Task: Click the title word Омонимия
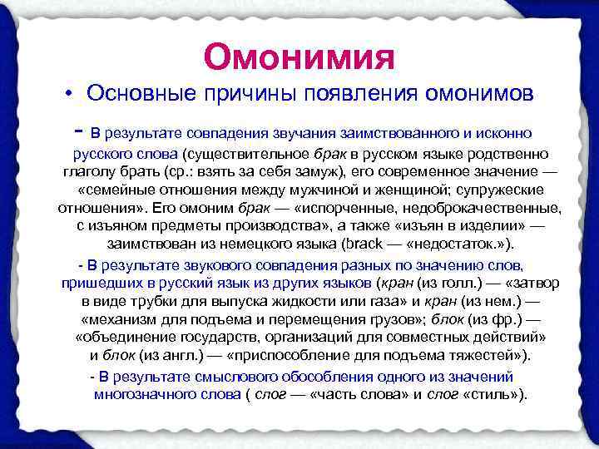[x=298, y=57]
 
